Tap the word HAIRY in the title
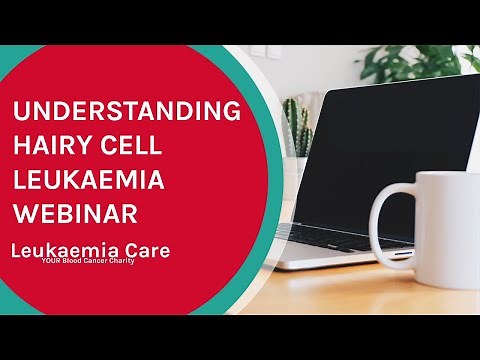[x=55, y=147]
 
